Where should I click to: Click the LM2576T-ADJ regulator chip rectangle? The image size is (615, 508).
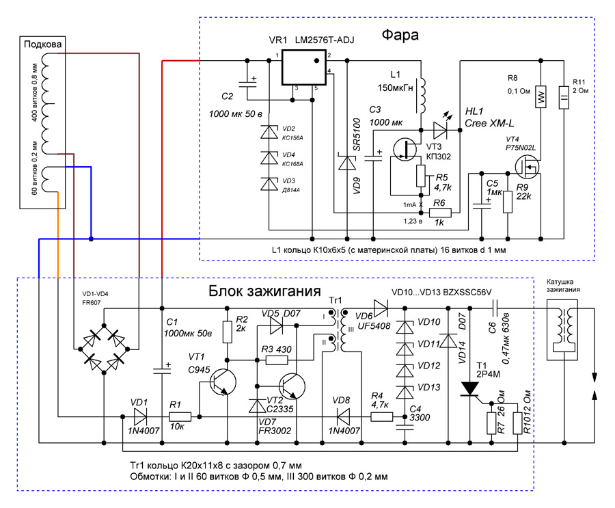coord(304,67)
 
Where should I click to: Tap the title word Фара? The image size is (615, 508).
coord(400,35)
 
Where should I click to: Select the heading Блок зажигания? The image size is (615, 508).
coord(264,291)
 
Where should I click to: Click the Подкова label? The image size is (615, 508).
coord(43,44)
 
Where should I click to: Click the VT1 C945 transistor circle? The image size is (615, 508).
coord(223,382)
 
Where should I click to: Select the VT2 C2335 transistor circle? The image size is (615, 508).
coord(292,386)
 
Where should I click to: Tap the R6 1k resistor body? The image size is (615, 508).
coord(440,213)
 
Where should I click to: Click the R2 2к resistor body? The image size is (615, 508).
coord(227,332)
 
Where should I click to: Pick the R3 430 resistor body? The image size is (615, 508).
coord(277,360)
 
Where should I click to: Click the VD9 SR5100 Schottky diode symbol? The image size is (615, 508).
coord(347,163)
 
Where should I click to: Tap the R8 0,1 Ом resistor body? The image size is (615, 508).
coord(541,96)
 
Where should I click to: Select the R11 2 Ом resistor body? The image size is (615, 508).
coord(564,97)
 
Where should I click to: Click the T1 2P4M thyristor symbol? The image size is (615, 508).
coord(470,389)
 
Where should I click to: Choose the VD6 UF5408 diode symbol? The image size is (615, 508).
coord(381,308)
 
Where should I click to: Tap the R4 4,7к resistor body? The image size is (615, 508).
coord(381,416)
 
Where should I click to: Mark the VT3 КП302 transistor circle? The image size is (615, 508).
coord(405,149)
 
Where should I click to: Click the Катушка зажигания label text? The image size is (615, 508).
coord(563,285)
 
